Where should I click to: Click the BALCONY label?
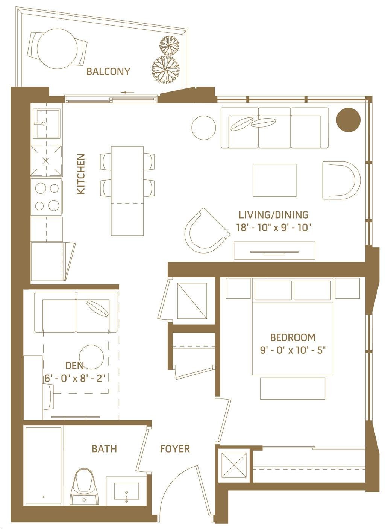[108, 71]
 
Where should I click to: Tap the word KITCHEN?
[81, 174]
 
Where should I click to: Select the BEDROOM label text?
[293, 337]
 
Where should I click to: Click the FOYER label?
[175, 449]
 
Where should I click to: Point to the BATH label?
[105, 449]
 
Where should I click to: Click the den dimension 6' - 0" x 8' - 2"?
[74, 379]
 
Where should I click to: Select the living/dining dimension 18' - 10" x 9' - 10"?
[274, 228]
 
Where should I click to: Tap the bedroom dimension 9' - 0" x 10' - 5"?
[293, 350]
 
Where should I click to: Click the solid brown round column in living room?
[348, 120]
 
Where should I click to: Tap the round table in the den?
[91, 357]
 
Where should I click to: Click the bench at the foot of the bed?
[293, 389]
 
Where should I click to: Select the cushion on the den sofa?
[98, 308]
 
